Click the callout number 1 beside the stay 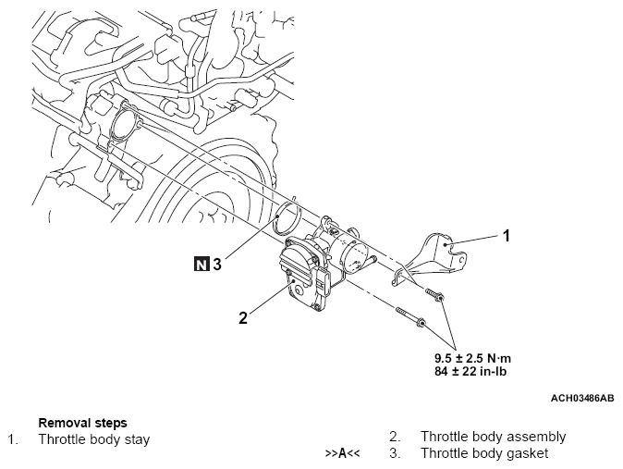coord(506,235)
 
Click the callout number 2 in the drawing coord(243,317)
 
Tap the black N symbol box coord(201,264)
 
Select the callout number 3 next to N coord(216,264)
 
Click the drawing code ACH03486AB coord(582,398)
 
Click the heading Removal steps coord(82,423)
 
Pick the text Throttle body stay coord(93,438)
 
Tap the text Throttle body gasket coord(483,453)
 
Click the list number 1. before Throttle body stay coord(13,438)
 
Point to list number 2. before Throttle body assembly coord(395,437)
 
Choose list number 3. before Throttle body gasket coord(395,453)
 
